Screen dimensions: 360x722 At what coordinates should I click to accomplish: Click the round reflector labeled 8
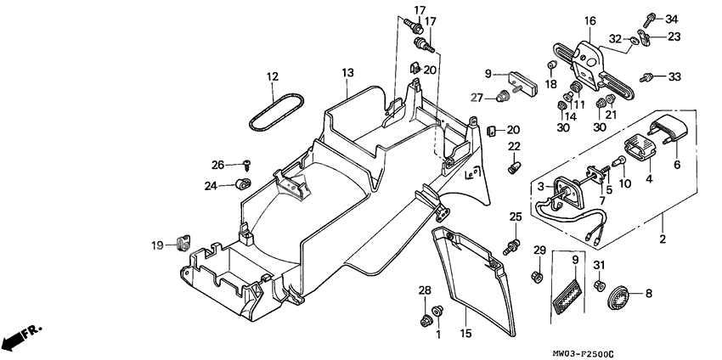click(618, 296)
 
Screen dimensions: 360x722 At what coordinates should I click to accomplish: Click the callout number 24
click(211, 184)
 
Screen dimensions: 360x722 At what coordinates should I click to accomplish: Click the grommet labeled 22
click(513, 168)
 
